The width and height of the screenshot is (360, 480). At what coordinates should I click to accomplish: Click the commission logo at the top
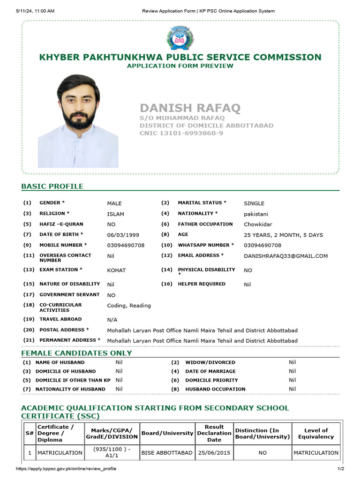[180, 38]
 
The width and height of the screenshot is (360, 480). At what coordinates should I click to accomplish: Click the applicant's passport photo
[78, 121]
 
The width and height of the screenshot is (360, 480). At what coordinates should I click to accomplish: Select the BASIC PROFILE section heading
[52, 186]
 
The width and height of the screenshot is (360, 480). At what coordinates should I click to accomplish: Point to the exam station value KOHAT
[116, 270]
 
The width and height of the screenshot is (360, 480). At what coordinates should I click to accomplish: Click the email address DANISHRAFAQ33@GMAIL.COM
[285, 256]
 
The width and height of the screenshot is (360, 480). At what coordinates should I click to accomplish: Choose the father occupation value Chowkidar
[258, 225]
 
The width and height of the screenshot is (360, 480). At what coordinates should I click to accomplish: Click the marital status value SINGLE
[254, 203]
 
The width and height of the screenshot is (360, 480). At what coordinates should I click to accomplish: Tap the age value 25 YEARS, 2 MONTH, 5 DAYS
[283, 235]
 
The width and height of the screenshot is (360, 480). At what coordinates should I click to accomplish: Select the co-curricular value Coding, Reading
[129, 306]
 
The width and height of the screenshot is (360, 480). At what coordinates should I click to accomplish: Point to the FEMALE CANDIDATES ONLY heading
[76, 353]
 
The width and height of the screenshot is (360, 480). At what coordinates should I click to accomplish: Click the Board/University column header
[167, 434]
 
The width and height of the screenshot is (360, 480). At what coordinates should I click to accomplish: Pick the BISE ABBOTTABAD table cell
[167, 453]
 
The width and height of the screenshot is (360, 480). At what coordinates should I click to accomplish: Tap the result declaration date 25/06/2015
[214, 453]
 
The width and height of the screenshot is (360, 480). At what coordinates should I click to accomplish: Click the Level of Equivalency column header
[316, 434]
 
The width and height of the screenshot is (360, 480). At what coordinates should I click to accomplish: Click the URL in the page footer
[66, 469]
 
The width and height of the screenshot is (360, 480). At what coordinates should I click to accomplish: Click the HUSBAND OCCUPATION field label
[215, 389]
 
